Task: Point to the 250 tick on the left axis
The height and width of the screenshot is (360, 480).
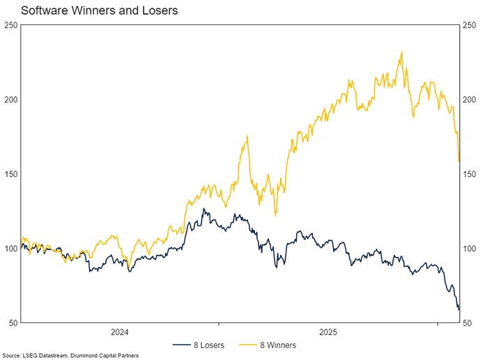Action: tap(10, 25)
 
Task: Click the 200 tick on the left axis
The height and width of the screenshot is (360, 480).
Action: tap(10, 100)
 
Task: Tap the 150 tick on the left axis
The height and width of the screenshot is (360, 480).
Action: tap(10, 174)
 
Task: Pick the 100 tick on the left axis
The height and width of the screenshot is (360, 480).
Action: tap(10, 249)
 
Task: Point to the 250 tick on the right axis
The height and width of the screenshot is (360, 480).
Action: tap(470, 25)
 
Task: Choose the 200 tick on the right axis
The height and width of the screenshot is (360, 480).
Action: tap(470, 100)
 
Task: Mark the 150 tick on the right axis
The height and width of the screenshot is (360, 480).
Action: tap(470, 174)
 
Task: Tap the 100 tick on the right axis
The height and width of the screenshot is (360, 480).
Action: tap(470, 249)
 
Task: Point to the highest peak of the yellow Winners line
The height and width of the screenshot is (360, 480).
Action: tap(401, 52)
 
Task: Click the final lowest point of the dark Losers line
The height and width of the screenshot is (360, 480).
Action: tap(459, 311)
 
